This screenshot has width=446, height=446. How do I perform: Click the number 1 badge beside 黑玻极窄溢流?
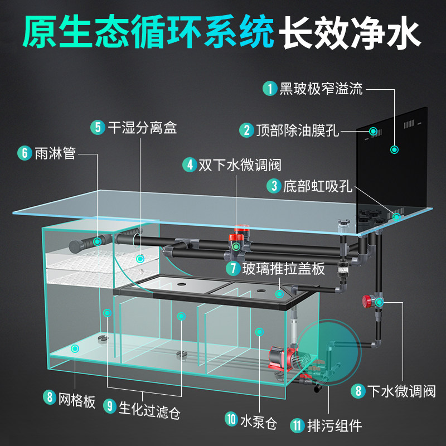click(270, 88)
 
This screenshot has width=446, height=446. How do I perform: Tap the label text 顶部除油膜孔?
click(297, 130)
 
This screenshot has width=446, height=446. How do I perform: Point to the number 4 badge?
click(190, 165)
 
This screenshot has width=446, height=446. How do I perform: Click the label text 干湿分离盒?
click(142, 127)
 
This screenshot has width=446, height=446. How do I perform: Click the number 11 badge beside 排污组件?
click(297, 426)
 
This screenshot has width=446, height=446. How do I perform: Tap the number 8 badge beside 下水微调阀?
click(357, 391)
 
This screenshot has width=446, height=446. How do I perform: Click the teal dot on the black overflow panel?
click(395, 149)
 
